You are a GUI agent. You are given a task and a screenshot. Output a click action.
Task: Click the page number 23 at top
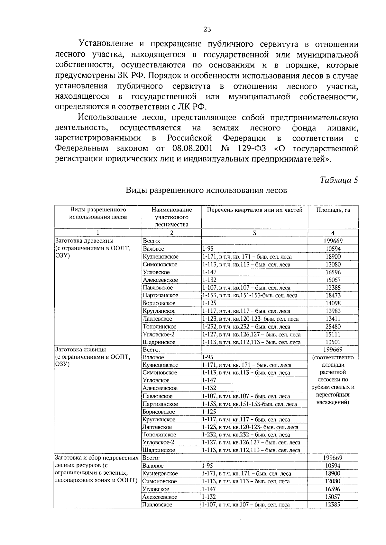pyautogui.click(x=207, y=29)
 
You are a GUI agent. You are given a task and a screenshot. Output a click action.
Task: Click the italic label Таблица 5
pyautogui.click(x=339, y=180)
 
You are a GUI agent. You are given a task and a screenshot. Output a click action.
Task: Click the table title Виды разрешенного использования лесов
pyautogui.click(x=206, y=191)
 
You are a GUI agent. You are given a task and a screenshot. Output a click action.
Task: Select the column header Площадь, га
pyautogui.click(x=333, y=210)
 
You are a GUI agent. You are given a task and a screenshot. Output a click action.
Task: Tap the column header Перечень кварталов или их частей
pyautogui.click(x=254, y=210)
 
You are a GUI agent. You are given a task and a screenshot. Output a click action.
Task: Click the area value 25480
pyautogui.click(x=333, y=326)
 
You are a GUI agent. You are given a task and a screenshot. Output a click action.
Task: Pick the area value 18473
pyautogui.click(x=333, y=295)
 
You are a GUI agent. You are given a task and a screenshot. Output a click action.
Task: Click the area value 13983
pyautogui.click(x=333, y=311)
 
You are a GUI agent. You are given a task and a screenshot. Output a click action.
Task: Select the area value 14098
pyautogui.click(x=333, y=303)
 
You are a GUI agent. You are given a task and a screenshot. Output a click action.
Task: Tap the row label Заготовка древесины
pyautogui.click(x=85, y=241)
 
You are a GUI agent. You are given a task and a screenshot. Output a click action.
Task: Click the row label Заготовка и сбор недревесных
pyautogui.click(x=97, y=458)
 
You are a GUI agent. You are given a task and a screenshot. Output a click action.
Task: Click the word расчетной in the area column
pyautogui.click(x=333, y=372)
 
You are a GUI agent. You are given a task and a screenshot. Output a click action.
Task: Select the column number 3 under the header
pyautogui.click(x=254, y=233)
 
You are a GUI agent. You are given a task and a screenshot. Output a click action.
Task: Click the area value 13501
pyautogui.click(x=333, y=342)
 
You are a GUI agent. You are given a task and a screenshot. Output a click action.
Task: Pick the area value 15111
pyautogui.click(x=333, y=334)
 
